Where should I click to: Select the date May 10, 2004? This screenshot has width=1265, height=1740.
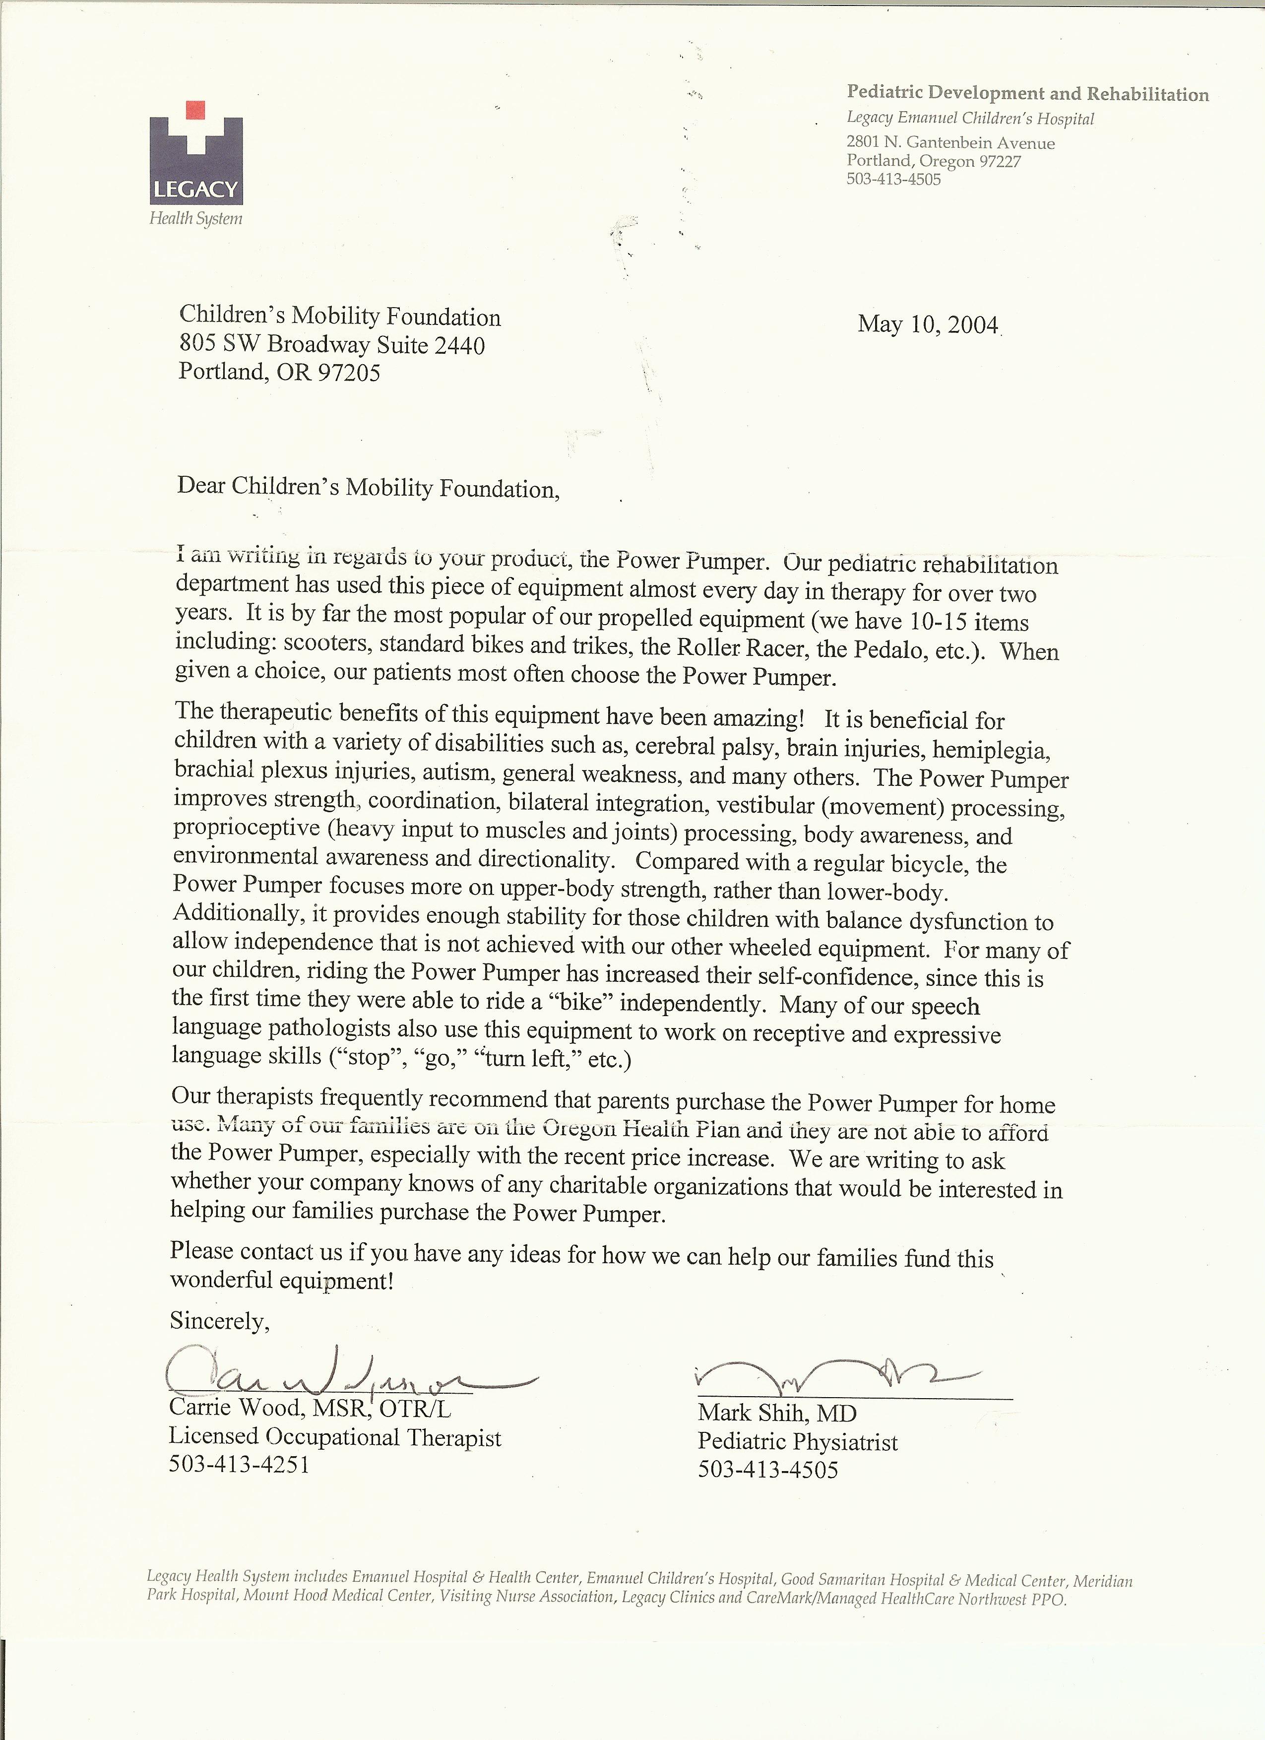[x=928, y=324]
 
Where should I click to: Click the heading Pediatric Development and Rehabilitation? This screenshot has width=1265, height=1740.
[x=1027, y=94]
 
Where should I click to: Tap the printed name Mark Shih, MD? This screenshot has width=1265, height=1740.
[x=776, y=1413]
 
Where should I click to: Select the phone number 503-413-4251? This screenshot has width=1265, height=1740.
[x=239, y=1465]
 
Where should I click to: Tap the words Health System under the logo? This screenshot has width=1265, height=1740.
[x=195, y=219]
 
